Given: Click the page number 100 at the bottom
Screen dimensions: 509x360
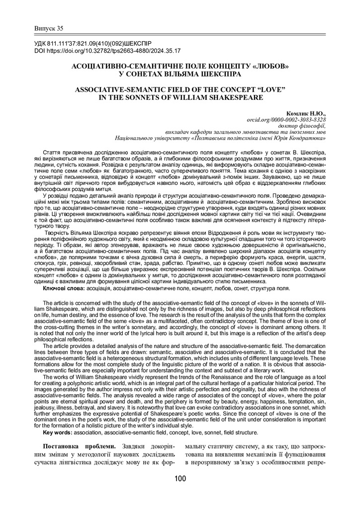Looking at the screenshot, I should pos(180,479).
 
